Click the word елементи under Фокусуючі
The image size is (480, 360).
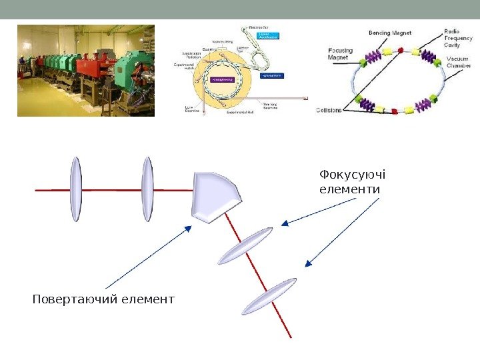[349, 190]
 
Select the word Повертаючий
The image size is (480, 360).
[75, 299]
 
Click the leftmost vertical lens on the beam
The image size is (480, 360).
[76, 189]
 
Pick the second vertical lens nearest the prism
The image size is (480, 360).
[147, 189]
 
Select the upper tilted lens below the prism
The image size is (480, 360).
[245, 245]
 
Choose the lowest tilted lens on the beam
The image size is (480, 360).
[269, 297]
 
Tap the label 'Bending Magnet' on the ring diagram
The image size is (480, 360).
[389, 32]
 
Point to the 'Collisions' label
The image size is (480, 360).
[329, 110]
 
